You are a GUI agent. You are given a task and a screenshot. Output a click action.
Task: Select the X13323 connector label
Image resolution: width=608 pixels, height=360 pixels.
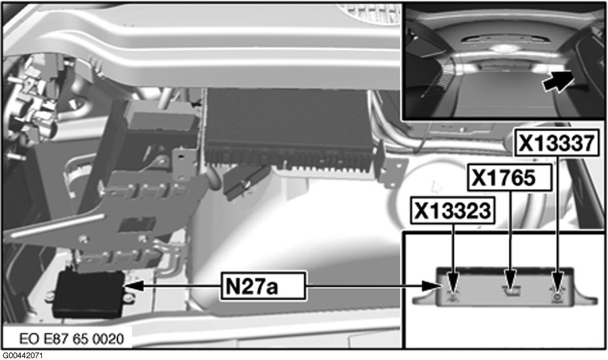[x=453, y=211]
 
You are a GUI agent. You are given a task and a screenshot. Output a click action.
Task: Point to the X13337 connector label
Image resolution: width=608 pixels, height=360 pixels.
[x=556, y=143]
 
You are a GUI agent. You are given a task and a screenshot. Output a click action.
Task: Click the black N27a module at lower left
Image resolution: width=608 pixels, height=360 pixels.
[x=89, y=293]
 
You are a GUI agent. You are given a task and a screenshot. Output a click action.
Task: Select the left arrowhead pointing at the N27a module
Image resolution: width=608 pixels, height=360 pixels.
[x=132, y=285]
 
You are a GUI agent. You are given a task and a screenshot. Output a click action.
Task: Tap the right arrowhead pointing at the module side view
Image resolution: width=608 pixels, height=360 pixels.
[x=431, y=285]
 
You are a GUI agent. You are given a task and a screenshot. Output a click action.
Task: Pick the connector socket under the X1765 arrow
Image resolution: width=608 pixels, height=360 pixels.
[x=510, y=285]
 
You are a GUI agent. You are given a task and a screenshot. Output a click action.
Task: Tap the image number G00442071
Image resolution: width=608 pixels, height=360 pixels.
[x=22, y=355]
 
